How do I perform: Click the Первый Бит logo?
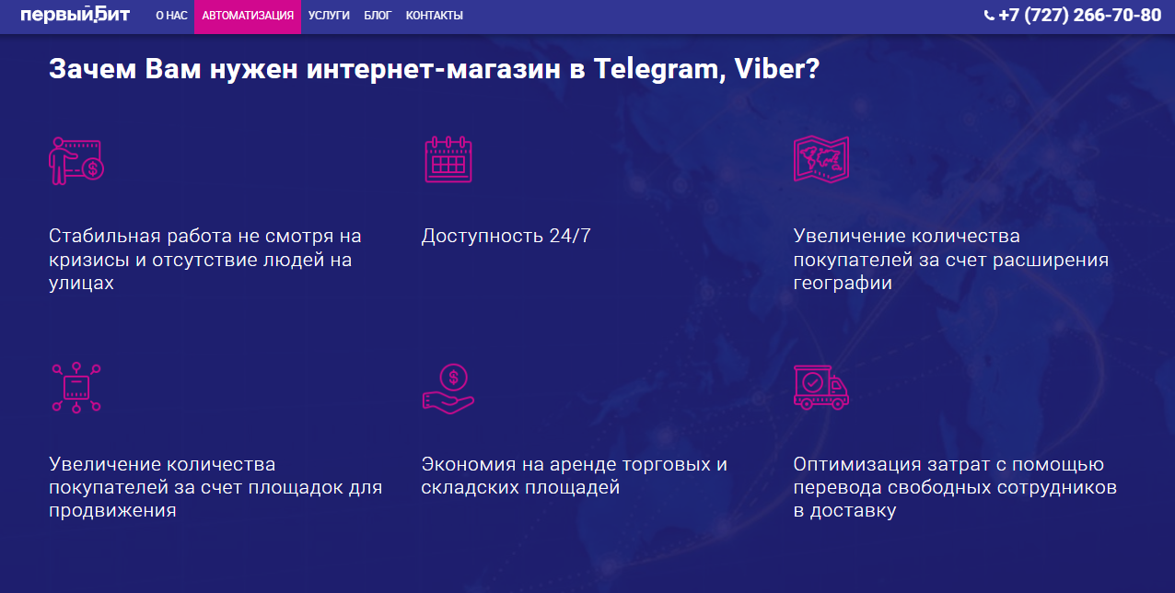pos(75,15)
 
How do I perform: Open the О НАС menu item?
pos(171,16)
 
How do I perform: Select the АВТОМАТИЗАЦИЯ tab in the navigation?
pos(248,16)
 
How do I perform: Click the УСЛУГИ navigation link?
pos(329,16)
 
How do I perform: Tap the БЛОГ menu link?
pos(378,16)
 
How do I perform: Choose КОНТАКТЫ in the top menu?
pos(435,16)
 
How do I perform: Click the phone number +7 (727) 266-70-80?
pos(1079,16)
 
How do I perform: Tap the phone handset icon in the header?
pos(989,16)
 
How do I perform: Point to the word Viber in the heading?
pos(777,69)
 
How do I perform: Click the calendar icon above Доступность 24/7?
pos(448,159)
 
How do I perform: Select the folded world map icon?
pos(820,159)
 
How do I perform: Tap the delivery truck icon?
pos(820,388)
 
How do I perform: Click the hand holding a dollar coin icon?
pos(448,389)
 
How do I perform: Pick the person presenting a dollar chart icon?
pos(76,161)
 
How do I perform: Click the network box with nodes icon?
pos(76,388)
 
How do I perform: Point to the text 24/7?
pos(570,236)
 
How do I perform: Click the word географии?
pos(843,284)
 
